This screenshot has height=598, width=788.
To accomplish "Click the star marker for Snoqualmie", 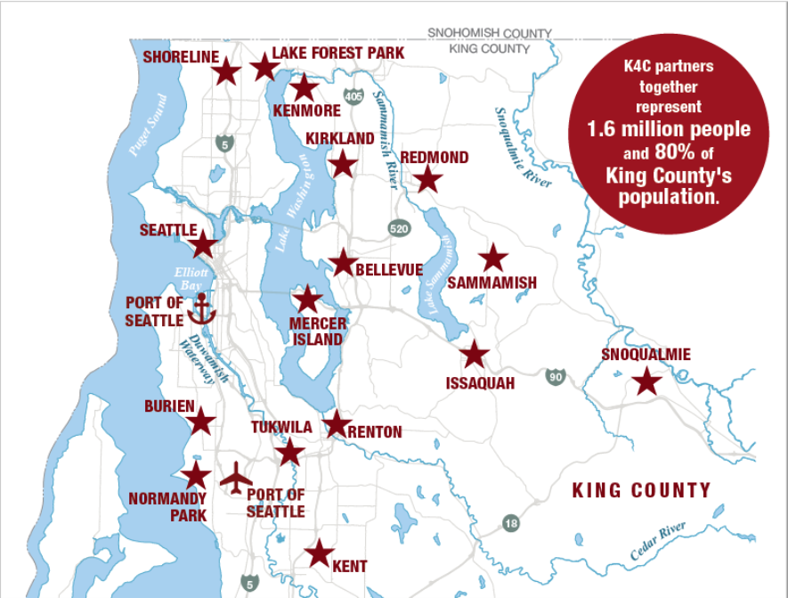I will pyautogui.click(x=646, y=383).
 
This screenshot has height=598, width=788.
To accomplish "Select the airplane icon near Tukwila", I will pyautogui.click(x=236, y=477).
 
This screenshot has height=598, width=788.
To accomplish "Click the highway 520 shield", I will pyautogui.click(x=399, y=229).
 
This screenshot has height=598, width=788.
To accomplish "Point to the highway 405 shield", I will pyautogui.click(x=353, y=95).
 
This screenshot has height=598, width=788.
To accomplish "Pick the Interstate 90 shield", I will pyautogui.click(x=556, y=377).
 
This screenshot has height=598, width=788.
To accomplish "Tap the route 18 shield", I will pyautogui.click(x=510, y=523).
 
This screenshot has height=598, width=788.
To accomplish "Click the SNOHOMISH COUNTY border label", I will pyautogui.click(x=490, y=33).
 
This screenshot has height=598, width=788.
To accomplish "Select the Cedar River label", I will pyautogui.click(x=658, y=540).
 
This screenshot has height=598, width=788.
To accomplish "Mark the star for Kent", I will pyautogui.click(x=319, y=553).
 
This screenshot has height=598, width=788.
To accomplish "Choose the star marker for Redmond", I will pyautogui.click(x=428, y=179).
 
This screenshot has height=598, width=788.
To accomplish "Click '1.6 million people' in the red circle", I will pyautogui.click(x=668, y=129).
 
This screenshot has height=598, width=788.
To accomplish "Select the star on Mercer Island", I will pyautogui.click(x=306, y=299).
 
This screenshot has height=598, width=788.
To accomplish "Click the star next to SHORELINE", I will pyautogui.click(x=226, y=71).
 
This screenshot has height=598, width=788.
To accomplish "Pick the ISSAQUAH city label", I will pyautogui.click(x=480, y=383).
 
